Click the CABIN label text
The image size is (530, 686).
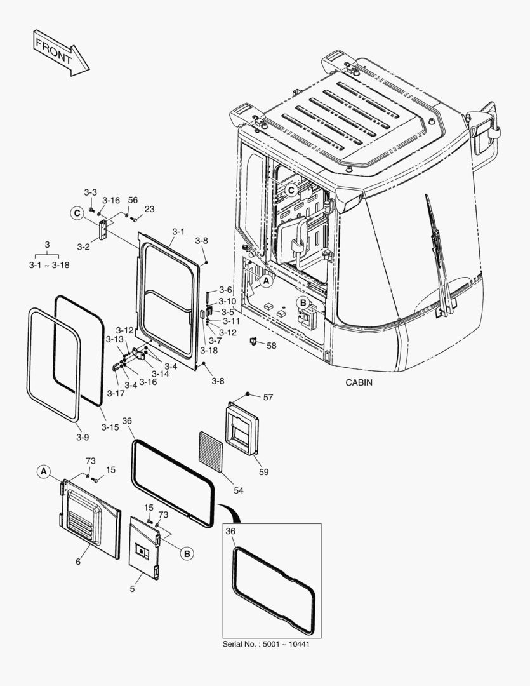[359, 382]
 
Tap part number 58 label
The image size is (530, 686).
[272, 346]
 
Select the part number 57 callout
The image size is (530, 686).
[268, 397]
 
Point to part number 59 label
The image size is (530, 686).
[263, 472]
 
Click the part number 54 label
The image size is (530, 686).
[238, 490]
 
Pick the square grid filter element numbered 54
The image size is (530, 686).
[213, 451]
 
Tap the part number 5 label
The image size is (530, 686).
[132, 589]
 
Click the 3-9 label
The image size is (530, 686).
[82, 437]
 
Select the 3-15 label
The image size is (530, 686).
[110, 427]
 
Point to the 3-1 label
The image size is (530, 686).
[178, 232]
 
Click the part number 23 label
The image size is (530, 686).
[149, 209]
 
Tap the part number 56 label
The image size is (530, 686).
[133, 200]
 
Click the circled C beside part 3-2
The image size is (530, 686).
[77, 213]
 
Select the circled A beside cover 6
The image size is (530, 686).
[43, 471]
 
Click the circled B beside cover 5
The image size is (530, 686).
[187, 554]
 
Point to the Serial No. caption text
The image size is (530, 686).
[266, 644]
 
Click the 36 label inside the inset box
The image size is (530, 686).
[230, 531]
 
